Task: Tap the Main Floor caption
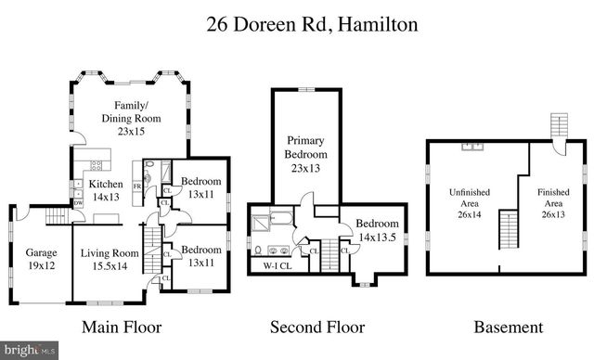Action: click(x=122, y=327)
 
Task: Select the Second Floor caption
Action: click(x=316, y=327)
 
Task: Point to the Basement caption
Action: click(x=508, y=327)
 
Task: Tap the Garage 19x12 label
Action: click(x=40, y=259)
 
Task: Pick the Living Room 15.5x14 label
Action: click(x=108, y=259)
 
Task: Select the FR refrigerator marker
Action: click(x=137, y=186)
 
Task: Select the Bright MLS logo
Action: click(x=28, y=351)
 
